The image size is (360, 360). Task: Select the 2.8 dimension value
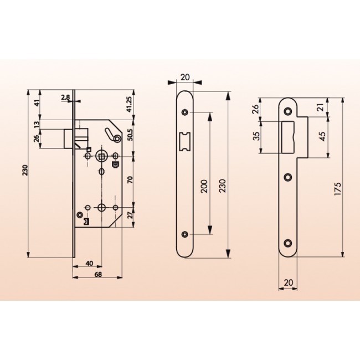click(65, 97)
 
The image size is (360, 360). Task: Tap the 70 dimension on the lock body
click(129, 181)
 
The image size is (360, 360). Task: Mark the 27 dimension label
click(129, 215)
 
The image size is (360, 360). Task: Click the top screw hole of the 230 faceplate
click(185, 112)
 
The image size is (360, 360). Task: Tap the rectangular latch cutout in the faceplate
click(185, 141)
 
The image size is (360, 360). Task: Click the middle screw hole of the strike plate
click(288, 177)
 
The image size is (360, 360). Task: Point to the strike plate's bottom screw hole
click(288, 243)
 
